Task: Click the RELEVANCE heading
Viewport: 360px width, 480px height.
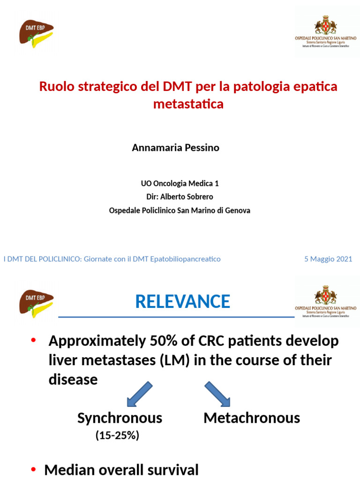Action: pos(182,301)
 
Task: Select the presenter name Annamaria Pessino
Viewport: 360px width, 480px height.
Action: pos(175,148)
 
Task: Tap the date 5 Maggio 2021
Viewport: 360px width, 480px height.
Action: pos(328,259)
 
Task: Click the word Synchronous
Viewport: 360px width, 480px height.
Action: pos(120,418)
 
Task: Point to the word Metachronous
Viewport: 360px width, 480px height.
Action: pos(252,418)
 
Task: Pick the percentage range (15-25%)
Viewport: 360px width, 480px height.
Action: pos(117,435)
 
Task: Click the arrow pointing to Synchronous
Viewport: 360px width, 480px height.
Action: pos(139,393)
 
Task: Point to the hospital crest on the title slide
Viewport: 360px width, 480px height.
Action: pos(325,24)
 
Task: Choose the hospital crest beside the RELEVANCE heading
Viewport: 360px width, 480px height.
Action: pos(325,294)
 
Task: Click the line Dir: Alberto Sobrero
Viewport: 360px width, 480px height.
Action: pos(180,197)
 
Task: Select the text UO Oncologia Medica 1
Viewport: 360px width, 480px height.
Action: pos(180,183)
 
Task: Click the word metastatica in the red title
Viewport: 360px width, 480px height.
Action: pos(188,104)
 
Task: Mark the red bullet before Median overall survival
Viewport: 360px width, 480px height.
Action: pos(33,470)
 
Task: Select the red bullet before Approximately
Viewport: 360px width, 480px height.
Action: pos(33,341)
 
